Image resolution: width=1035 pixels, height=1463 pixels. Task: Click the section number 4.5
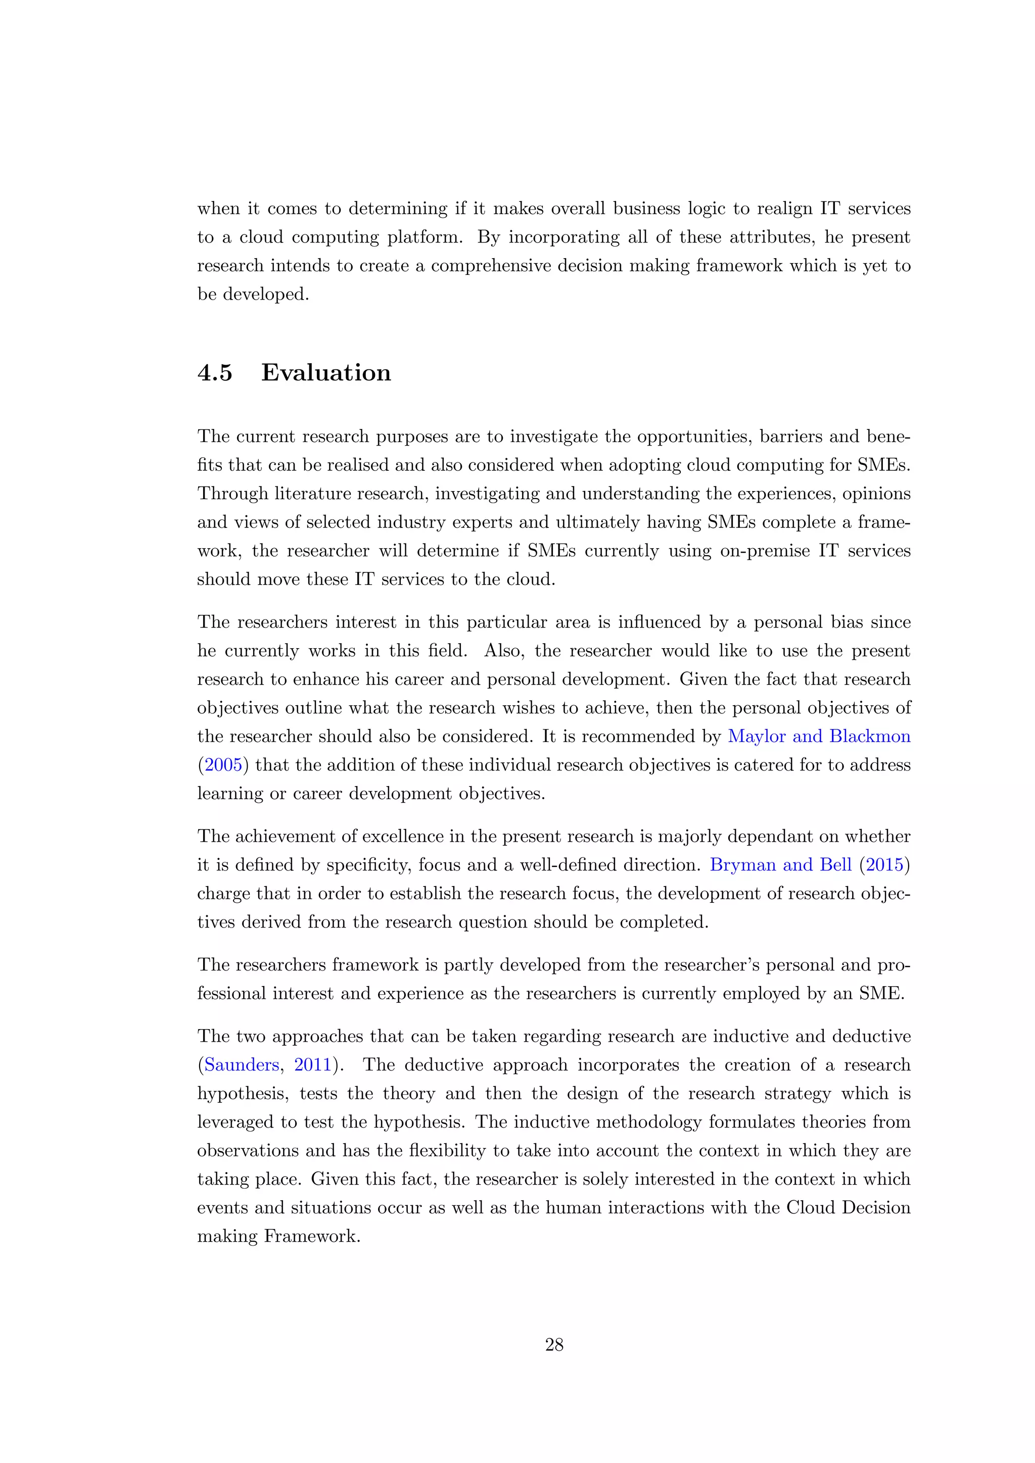[x=215, y=373]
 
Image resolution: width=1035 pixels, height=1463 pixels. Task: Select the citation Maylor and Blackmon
[x=819, y=737]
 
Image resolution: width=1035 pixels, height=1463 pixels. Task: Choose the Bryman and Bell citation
[x=780, y=865]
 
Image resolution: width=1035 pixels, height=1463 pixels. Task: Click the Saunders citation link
[x=241, y=1065]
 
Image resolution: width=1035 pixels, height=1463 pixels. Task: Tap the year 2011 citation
[x=312, y=1065]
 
